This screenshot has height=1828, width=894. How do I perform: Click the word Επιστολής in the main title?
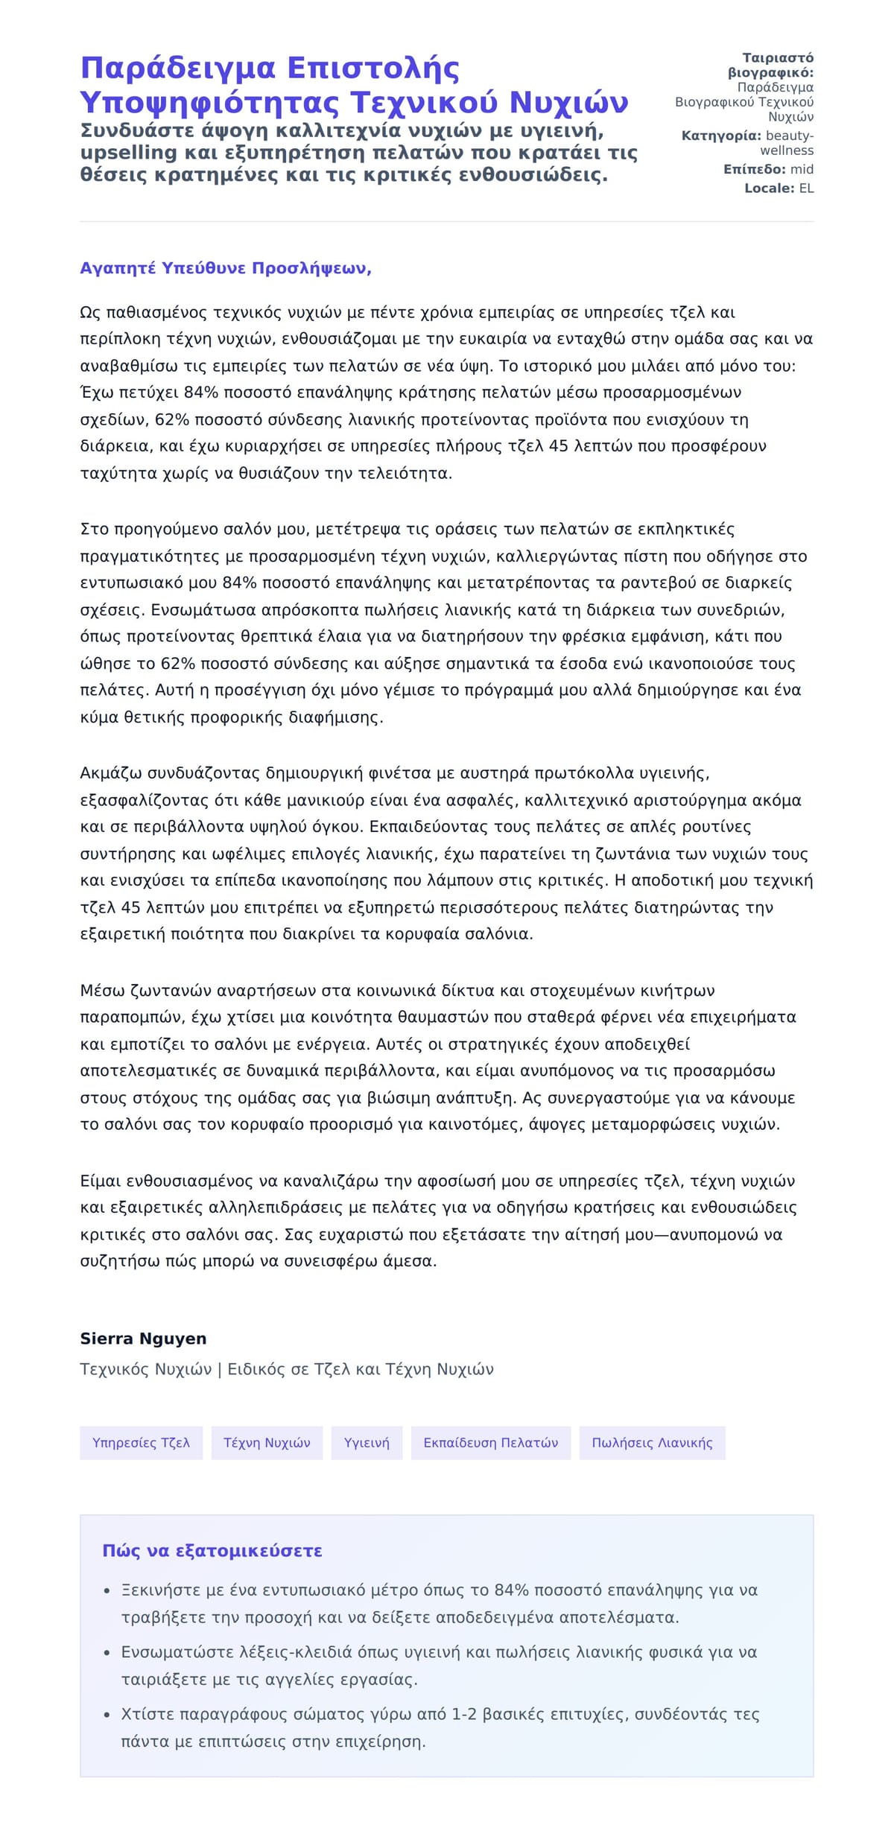(372, 69)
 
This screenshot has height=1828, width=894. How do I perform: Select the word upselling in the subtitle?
(129, 153)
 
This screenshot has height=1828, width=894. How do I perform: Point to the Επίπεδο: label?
(754, 170)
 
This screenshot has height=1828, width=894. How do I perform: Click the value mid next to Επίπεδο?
(802, 170)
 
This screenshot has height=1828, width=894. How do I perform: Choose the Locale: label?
(770, 188)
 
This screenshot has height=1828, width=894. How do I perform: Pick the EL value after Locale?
(806, 188)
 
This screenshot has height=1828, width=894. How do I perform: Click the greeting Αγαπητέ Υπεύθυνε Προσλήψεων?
(226, 269)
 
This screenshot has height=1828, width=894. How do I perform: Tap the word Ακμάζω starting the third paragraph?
(111, 773)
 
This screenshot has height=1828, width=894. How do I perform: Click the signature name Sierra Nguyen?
(143, 1339)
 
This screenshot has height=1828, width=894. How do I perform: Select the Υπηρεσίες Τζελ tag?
(141, 1443)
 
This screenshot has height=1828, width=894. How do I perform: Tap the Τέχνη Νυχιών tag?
(267, 1443)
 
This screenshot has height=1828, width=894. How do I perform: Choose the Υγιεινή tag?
(367, 1443)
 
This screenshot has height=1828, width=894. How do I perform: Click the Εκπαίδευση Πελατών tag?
(490, 1443)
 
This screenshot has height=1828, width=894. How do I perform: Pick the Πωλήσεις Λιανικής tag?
(652, 1443)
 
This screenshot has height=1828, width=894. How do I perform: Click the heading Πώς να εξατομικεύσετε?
(212, 1551)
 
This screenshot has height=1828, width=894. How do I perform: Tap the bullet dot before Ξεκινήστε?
(107, 1591)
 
